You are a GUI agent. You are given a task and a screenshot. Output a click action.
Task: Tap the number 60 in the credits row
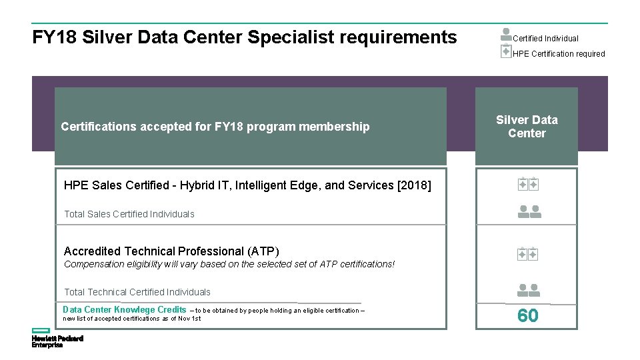click(x=527, y=316)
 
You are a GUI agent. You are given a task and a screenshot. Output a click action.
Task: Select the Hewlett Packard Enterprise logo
click(x=57, y=338)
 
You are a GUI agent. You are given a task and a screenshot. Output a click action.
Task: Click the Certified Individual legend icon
click(x=506, y=35)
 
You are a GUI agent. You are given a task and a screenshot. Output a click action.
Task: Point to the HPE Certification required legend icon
click(x=506, y=51)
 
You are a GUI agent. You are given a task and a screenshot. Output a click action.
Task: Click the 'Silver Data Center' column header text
click(x=527, y=127)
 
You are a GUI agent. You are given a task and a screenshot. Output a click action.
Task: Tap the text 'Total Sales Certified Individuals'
click(x=129, y=214)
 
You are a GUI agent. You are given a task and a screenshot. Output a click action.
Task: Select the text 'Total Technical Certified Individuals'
click(x=137, y=292)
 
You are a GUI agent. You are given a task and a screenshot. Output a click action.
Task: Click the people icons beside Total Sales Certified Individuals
click(x=529, y=212)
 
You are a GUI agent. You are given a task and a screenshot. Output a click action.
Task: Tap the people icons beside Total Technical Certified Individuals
click(x=529, y=290)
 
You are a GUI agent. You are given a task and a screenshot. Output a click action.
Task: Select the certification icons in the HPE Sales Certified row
click(x=527, y=185)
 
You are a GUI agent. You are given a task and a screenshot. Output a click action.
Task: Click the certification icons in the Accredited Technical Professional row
click(x=527, y=254)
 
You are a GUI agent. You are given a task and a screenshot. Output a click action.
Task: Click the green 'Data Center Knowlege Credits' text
click(x=125, y=309)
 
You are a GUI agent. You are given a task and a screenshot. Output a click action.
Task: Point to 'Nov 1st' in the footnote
click(x=189, y=319)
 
